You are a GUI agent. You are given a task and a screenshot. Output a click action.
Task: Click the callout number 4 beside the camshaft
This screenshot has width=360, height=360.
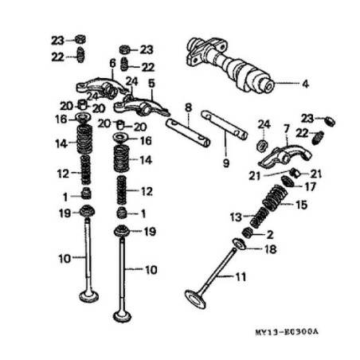click(304, 83)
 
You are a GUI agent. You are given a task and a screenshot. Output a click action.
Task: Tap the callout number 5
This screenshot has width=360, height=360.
click(151, 83)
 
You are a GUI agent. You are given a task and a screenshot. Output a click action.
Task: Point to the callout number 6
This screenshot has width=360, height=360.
click(112, 63)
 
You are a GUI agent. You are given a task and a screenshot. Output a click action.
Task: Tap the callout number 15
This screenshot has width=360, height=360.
click(300, 205)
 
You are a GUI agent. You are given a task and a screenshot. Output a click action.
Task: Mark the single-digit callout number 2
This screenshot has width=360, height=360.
click(270, 234)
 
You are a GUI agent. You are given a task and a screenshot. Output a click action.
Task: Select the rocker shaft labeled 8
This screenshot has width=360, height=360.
click(188, 133)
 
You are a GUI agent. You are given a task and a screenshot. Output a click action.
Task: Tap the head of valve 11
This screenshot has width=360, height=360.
click(194, 299)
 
